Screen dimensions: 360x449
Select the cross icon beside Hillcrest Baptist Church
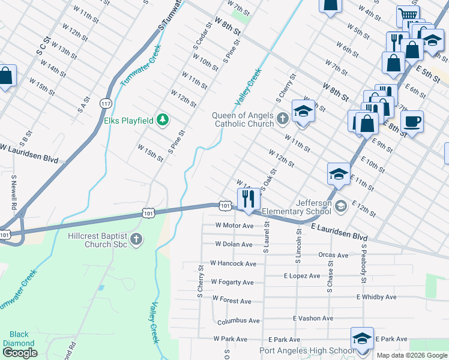[x=136, y=240]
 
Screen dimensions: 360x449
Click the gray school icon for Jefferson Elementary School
[x=341, y=206]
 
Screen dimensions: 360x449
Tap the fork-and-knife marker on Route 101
[x=248, y=198]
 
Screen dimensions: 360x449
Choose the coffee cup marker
[x=412, y=122]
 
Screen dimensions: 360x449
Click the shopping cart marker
[x=408, y=16]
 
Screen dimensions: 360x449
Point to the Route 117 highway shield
[x=106, y=103]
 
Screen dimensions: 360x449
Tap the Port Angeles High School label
[x=306, y=351]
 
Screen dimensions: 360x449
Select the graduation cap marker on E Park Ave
[x=362, y=338]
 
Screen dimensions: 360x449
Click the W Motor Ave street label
[x=235, y=226]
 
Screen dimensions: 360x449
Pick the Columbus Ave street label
[x=238, y=322]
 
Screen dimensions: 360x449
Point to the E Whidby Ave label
[x=376, y=297]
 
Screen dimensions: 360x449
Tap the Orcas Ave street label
[x=333, y=255]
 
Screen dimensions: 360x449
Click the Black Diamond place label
[x=19, y=339]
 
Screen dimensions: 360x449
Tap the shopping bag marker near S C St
[x=5, y=76]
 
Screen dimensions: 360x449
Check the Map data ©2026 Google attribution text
[x=411, y=355]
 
